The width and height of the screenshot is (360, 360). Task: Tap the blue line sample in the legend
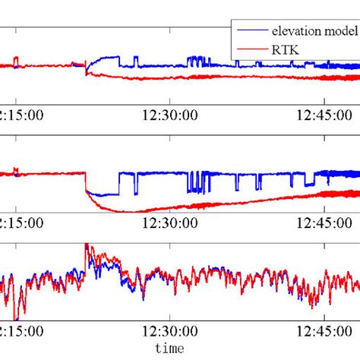coord(252,30)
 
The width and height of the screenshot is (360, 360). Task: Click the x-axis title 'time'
coord(168,349)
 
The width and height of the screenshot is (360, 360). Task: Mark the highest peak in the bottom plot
coord(87,246)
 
